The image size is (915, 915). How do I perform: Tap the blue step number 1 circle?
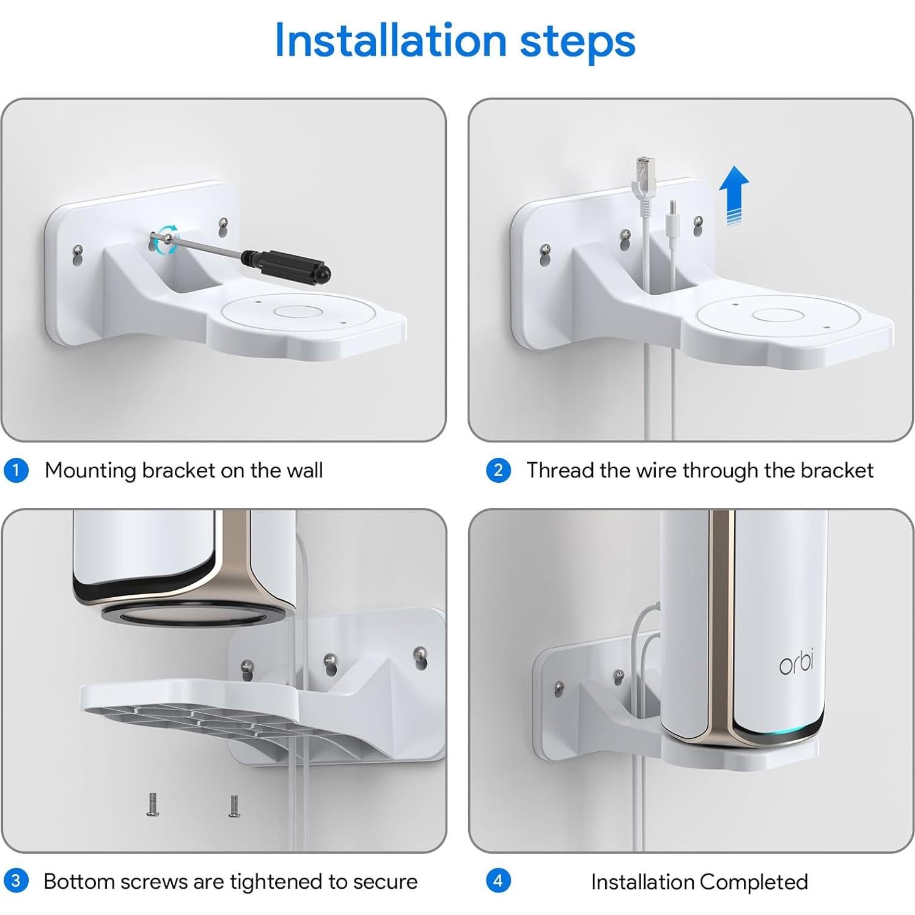click(16, 471)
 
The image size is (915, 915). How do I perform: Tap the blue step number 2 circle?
click(498, 471)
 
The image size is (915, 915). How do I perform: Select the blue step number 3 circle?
click(16, 881)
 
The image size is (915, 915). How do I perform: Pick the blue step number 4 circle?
click(498, 881)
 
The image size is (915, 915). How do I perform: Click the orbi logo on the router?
click(796, 664)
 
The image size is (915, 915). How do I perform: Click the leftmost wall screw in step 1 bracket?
click(78, 250)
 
